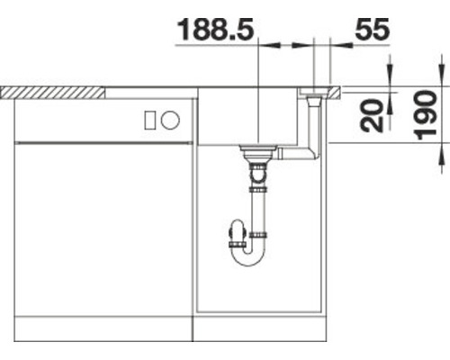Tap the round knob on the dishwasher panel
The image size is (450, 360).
172,119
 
